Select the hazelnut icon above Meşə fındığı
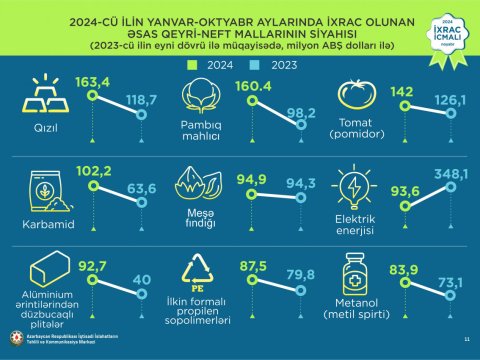point(197,184)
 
